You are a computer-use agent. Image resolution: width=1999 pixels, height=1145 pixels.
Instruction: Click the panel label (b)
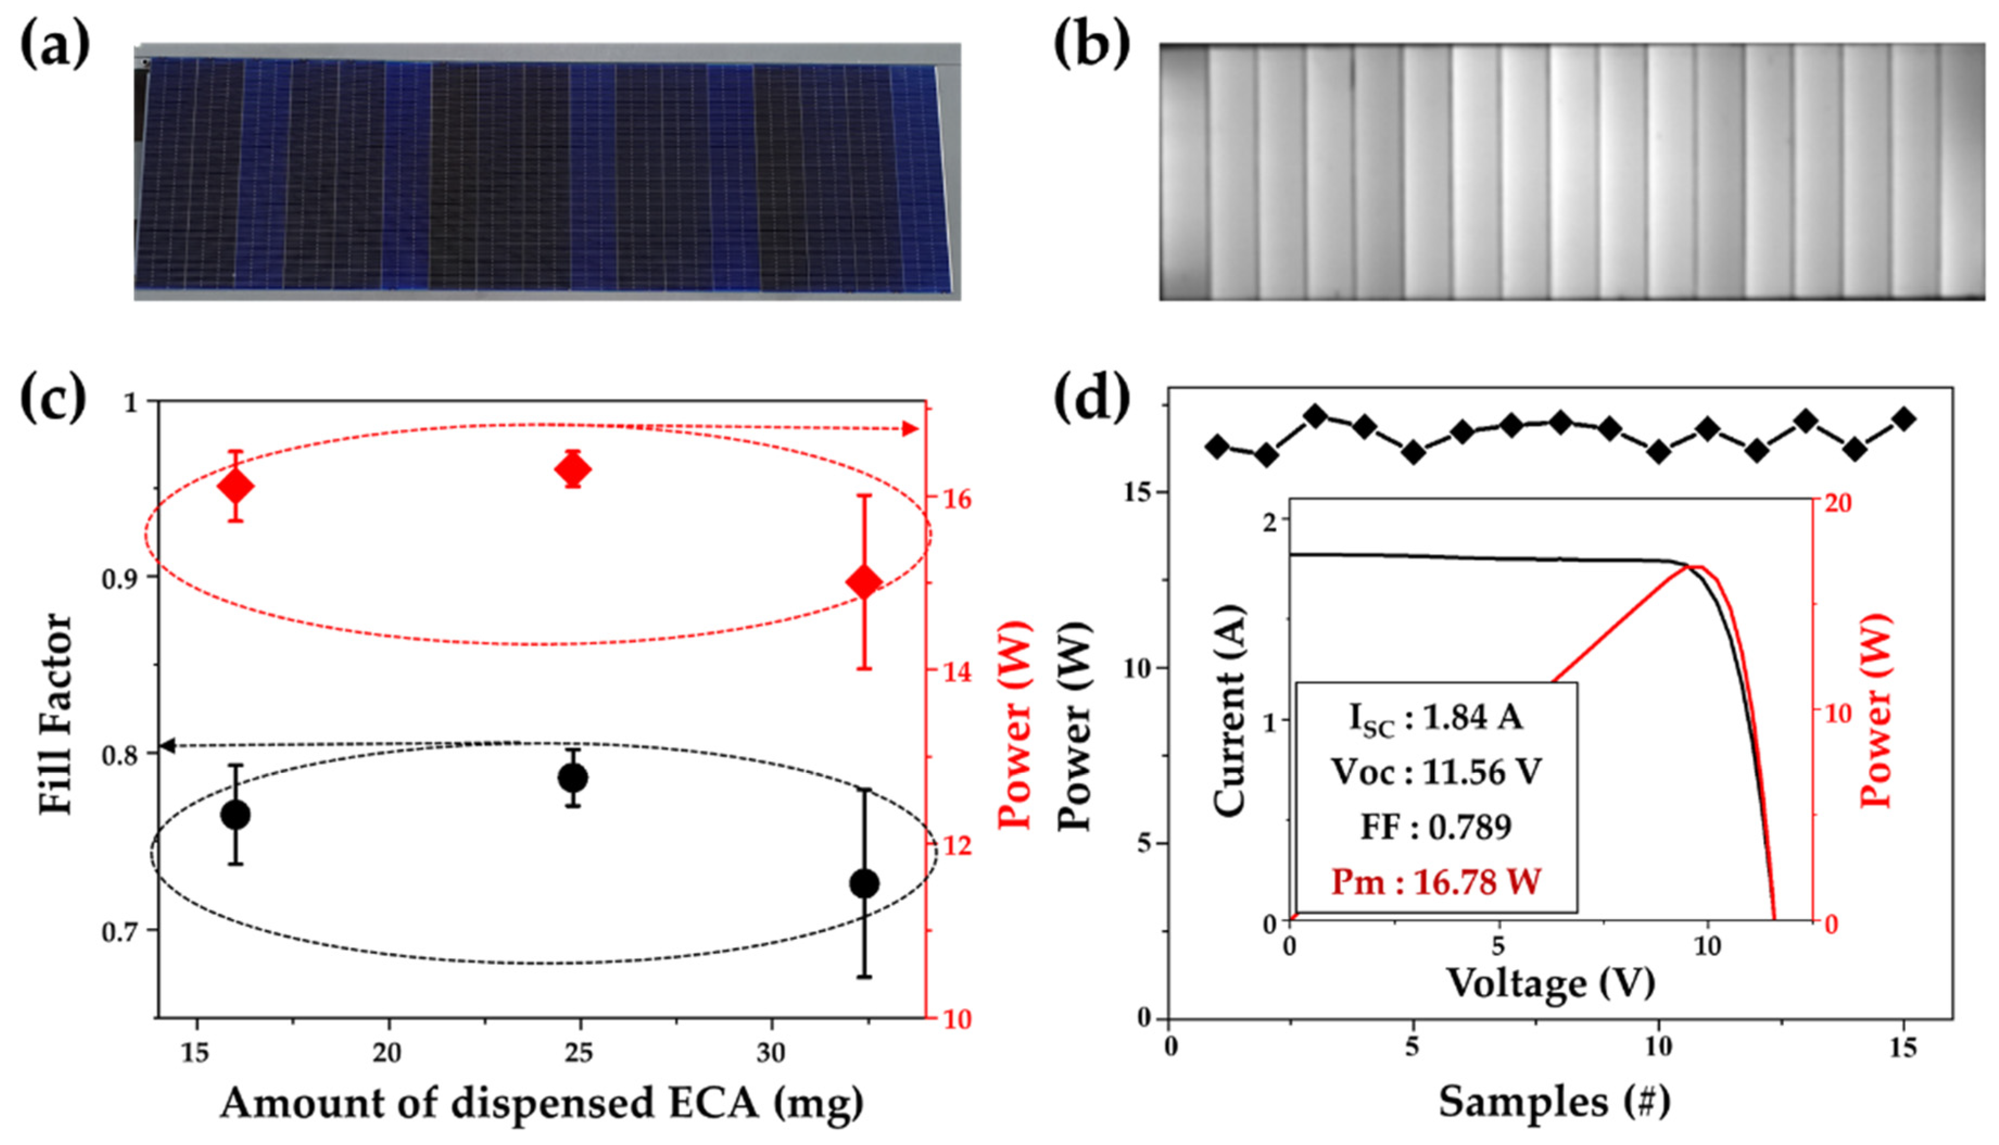[x=1091, y=46]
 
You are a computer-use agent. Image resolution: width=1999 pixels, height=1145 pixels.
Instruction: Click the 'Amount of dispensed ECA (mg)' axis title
[x=542, y=1103]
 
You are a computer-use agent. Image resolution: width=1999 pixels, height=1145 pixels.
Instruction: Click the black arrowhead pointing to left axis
[x=167, y=745]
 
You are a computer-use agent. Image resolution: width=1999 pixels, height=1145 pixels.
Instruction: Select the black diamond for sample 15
[x=1904, y=419]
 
